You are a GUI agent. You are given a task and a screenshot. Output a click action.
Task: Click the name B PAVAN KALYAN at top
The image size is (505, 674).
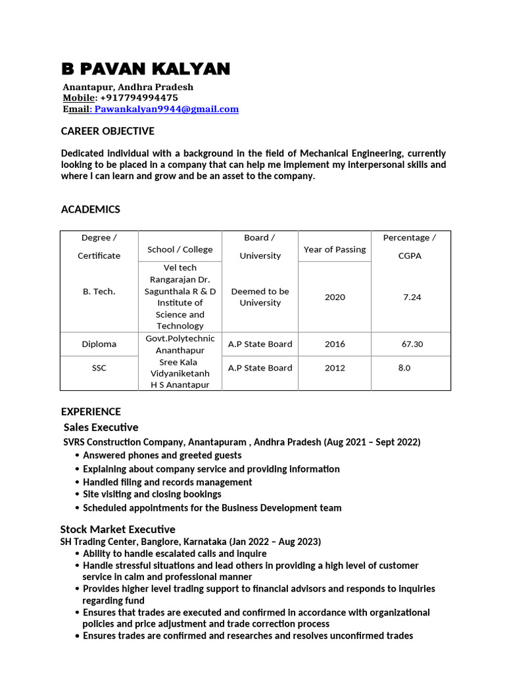pos(145,69)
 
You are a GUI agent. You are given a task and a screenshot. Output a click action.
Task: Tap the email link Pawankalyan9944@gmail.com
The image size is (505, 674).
pos(166,109)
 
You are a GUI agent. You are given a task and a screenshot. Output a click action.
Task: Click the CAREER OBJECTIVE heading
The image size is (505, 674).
pos(108,131)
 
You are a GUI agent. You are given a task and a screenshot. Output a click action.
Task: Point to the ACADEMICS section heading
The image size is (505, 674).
pos(91,209)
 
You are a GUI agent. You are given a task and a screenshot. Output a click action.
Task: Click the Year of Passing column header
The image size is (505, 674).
pos(335,249)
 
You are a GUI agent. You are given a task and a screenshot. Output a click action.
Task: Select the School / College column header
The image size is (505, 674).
pos(180,249)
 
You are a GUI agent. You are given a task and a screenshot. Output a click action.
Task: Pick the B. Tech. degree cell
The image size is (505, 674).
pos(99,292)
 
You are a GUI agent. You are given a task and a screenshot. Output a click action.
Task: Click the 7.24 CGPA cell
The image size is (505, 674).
pos(412,297)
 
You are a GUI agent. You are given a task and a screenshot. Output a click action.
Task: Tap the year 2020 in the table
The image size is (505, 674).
pos(335,297)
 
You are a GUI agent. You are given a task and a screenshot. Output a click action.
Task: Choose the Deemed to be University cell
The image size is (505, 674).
pos(260,297)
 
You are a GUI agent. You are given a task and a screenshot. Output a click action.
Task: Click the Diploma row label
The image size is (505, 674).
pos(99,344)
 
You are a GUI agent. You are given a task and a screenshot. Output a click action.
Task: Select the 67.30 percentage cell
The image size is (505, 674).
pos(412,344)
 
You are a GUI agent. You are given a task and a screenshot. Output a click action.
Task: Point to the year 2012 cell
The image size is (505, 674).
pos(335,368)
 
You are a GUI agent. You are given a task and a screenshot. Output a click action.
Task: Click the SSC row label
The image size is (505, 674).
pos(99,368)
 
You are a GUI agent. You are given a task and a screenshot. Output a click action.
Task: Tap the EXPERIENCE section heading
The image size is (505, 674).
pos(91,412)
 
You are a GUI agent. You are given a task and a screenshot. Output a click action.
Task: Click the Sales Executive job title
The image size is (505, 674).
pos(101,427)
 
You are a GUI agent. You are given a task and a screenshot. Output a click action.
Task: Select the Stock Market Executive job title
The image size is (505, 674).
pos(118,529)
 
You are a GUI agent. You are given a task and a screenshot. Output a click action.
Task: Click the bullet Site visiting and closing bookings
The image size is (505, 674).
pos(152,494)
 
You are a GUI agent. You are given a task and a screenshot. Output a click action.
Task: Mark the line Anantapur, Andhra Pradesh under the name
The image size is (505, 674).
pos(128,88)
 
